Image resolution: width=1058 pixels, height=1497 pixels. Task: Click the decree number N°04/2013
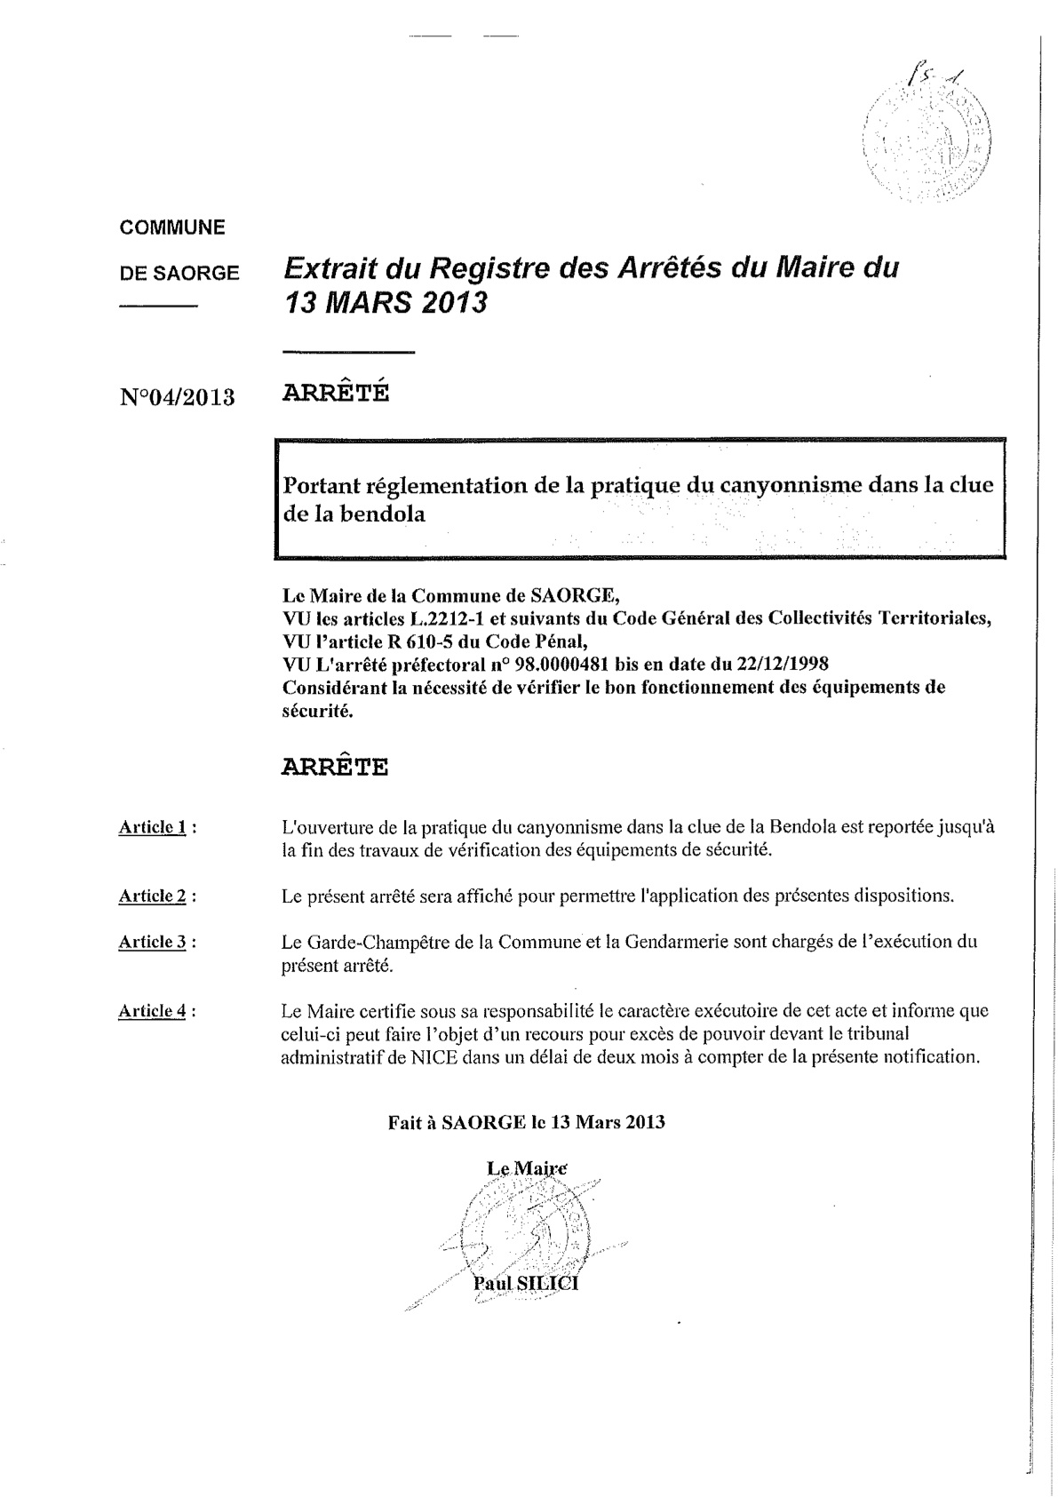177,396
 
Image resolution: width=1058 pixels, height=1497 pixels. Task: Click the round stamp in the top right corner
927,138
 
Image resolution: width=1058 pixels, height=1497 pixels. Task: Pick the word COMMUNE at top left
172,227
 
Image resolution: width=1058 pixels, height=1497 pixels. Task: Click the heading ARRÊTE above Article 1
334,767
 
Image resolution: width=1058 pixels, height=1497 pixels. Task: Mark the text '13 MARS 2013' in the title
385,304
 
